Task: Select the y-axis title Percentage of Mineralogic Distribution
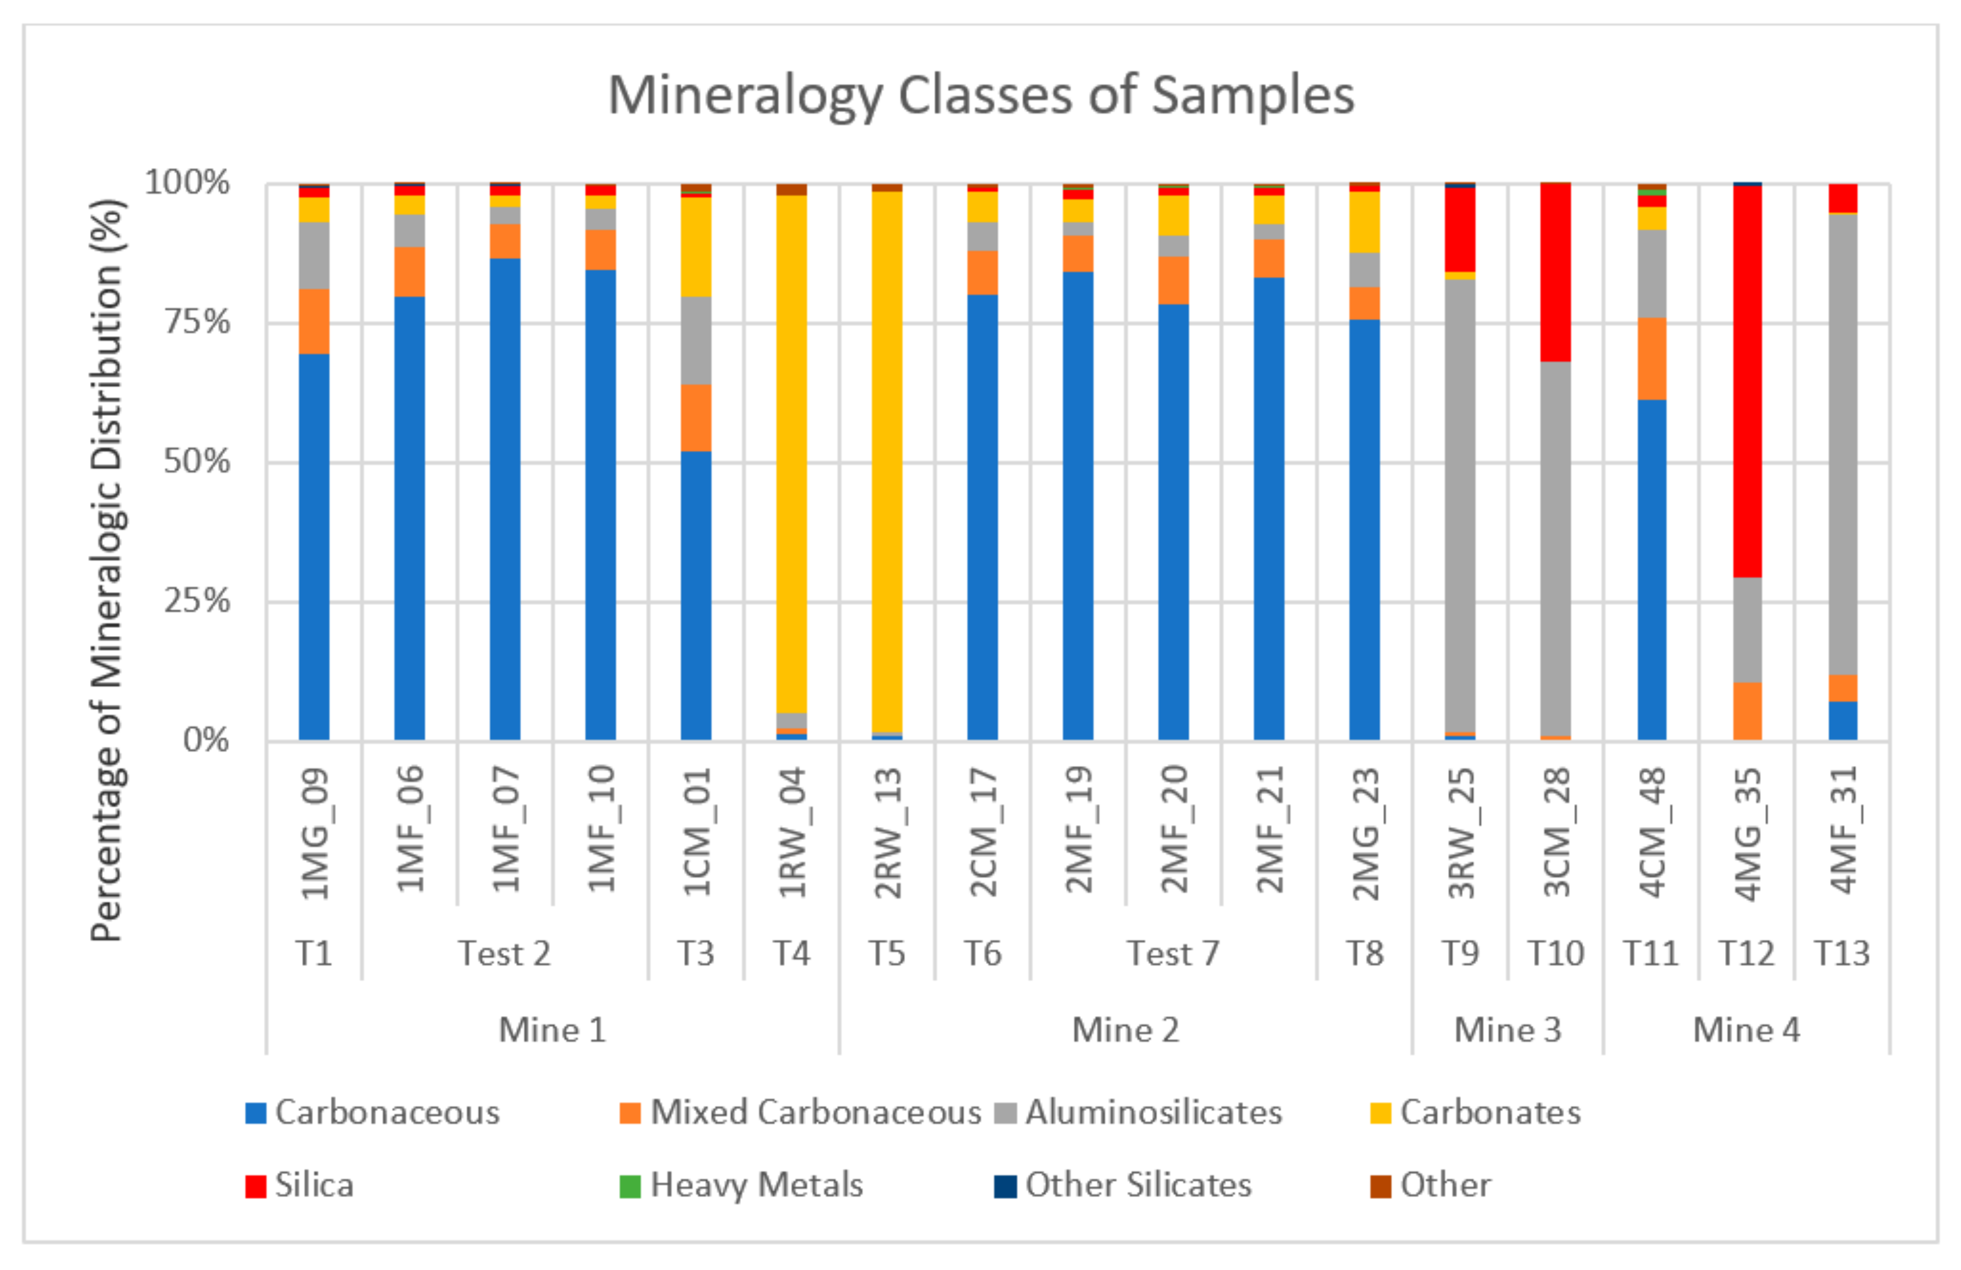tap(107, 569)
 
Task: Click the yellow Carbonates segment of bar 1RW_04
tap(791, 453)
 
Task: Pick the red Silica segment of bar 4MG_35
tap(1747, 379)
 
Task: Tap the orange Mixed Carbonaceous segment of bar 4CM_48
tap(1651, 359)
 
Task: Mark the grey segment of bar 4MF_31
tap(1842, 445)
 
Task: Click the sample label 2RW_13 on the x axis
tap(888, 832)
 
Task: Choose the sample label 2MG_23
tap(1364, 832)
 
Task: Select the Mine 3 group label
tap(1507, 1030)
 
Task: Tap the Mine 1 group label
tap(552, 1030)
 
